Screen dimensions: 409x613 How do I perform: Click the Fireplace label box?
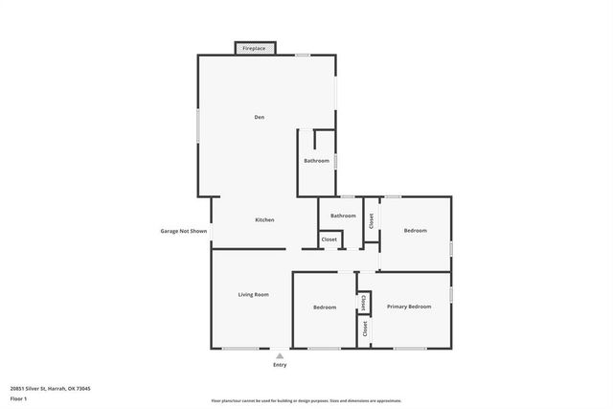(255, 48)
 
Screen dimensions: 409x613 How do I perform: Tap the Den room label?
(259, 117)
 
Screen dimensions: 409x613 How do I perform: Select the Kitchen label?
(264, 220)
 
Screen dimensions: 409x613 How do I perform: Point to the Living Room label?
(253, 294)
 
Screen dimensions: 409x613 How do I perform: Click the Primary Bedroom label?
(409, 307)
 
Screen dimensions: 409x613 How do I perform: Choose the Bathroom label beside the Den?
(316, 161)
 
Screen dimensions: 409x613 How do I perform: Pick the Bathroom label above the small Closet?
(343, 216)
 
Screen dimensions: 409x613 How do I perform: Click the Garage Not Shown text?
(183, 231)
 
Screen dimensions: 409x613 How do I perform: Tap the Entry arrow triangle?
(280, 355)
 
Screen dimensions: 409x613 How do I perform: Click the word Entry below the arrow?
(280, 365)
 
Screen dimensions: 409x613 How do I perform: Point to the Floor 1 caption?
(19, 398)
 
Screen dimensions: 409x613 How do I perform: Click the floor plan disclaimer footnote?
(306, 400)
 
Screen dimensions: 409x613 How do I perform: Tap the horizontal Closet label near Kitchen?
(329, 239)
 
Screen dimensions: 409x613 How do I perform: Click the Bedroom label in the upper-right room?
(415, 231)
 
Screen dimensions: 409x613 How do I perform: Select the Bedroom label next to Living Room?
(325, 307)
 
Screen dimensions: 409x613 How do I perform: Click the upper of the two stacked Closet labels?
(364, 302)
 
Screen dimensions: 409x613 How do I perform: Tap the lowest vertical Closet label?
(364, 328)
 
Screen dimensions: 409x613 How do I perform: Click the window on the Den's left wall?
(198, 125)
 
